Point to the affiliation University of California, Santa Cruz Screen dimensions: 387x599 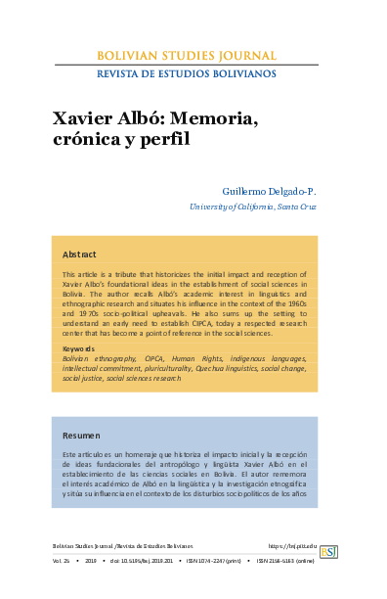point(253,207)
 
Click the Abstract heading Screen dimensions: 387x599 point(79,254)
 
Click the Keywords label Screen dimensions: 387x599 point(78,348)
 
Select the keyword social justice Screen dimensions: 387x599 point(83,378)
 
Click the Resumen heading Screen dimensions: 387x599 point(81,435)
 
